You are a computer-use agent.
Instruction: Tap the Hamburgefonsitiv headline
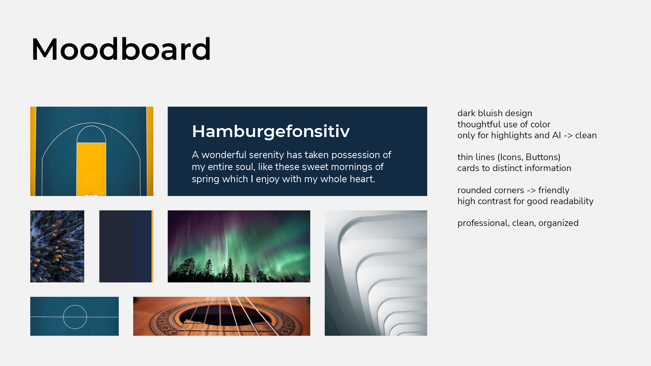click(x=271, y=131)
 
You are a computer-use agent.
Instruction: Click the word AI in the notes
click(x=557, y=135)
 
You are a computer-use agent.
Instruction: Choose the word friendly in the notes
click(x=554, y=190)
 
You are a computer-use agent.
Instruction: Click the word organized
click(x=558, y=223)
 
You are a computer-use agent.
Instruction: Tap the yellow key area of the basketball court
click(x=91, y=169)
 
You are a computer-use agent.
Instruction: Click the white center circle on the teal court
click(x=75, y=305)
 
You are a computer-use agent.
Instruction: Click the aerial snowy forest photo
click(x=57, y=246)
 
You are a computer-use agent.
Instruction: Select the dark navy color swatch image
click(x=126, y=246)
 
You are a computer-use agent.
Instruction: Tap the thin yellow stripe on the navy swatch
click(x=152, y=246)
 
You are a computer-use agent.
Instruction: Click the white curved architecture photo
click(x=376, y=273)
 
